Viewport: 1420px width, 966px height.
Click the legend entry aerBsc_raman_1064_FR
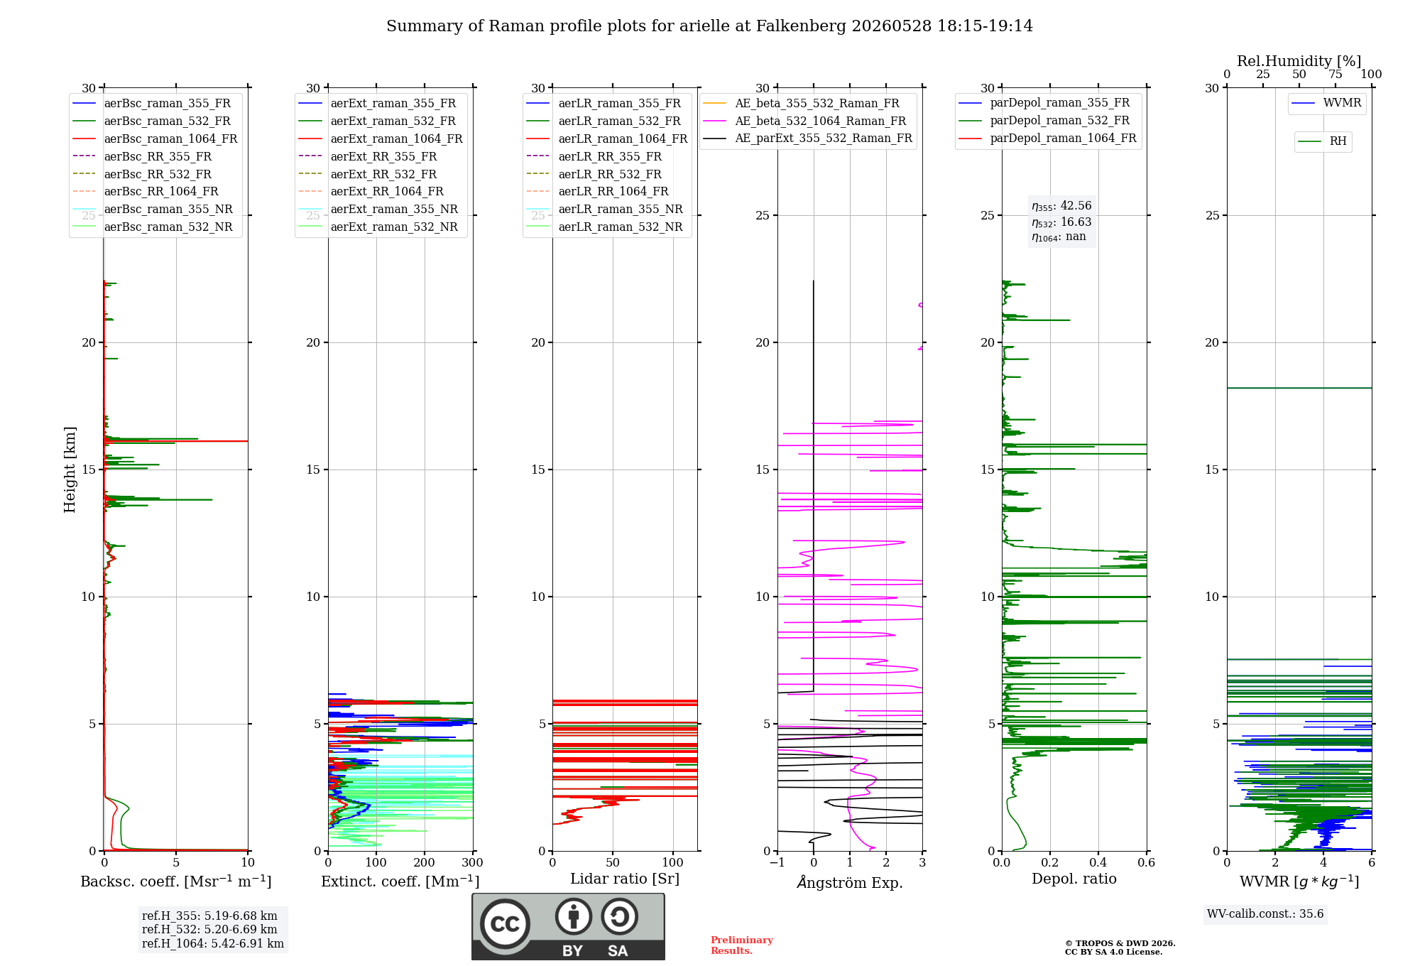[x=155, y=139]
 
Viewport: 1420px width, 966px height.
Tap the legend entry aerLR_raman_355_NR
[x=605, y=209]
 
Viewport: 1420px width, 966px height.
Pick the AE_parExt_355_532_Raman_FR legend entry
[x=808, y=138]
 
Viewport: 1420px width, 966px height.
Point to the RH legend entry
[x=1323, y=141]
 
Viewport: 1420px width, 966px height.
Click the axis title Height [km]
[x=70, y=470]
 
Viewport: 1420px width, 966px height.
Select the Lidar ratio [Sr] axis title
[x=625, y=879]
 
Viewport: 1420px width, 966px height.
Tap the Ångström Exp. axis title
[x=850, y=882]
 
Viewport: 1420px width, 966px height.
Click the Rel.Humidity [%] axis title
[x=1299, y=61]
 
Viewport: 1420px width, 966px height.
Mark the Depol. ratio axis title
[x=1074, y=879]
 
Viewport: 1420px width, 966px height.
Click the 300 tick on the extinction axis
[x=473, y=862]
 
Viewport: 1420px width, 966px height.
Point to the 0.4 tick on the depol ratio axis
[x=1098, y=862]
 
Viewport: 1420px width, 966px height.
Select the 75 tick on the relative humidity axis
[x=1336, y=74]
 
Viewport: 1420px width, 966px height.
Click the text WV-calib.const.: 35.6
[x=1265, y=914]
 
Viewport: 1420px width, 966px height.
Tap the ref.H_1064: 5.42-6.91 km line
[x=213, y=944]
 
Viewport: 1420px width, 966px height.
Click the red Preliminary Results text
[x=742, y=945]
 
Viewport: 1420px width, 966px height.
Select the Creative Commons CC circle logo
[x=505, y=923]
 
